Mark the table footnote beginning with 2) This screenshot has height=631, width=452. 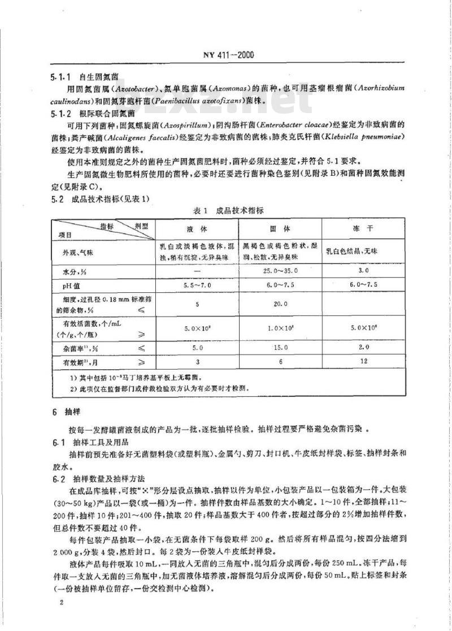tap(158, 388)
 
